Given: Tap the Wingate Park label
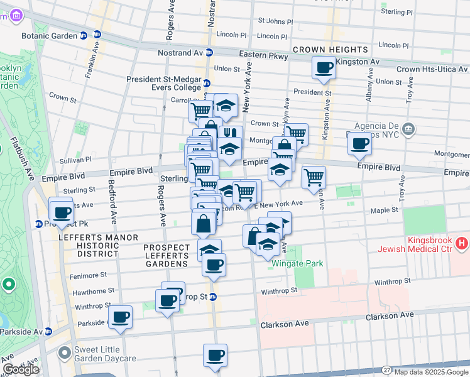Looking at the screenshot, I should [297, 263].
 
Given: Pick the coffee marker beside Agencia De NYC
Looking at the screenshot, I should [359, 143].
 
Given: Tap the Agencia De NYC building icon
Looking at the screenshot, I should [408, 129].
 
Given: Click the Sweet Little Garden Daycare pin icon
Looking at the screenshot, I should [64, 353].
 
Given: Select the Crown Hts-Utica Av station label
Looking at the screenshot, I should [432, 68].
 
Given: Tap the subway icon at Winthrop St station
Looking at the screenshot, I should [213, 297].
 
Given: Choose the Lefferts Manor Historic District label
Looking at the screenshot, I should [88, 246].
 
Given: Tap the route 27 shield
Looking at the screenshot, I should [385, 371].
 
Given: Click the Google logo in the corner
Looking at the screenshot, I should [21, 369].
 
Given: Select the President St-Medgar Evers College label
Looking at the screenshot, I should [163, 84].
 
